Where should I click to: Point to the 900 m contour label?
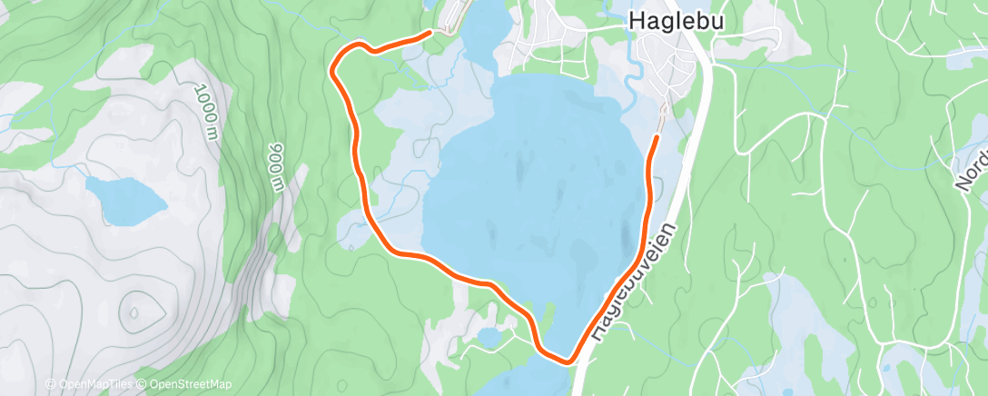pyautogui.click(x=276, y=167)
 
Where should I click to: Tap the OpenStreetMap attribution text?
pyautogui.click(x=188, y=384)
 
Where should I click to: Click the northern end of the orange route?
pyautogui.click(x=429, y=33)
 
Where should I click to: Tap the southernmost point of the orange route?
pyautogui.click(x=568, y=361)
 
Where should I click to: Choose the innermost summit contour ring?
pyautogui.click(x=134, y=312)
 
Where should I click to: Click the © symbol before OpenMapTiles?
pyautogui.click(x=50, y=384)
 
